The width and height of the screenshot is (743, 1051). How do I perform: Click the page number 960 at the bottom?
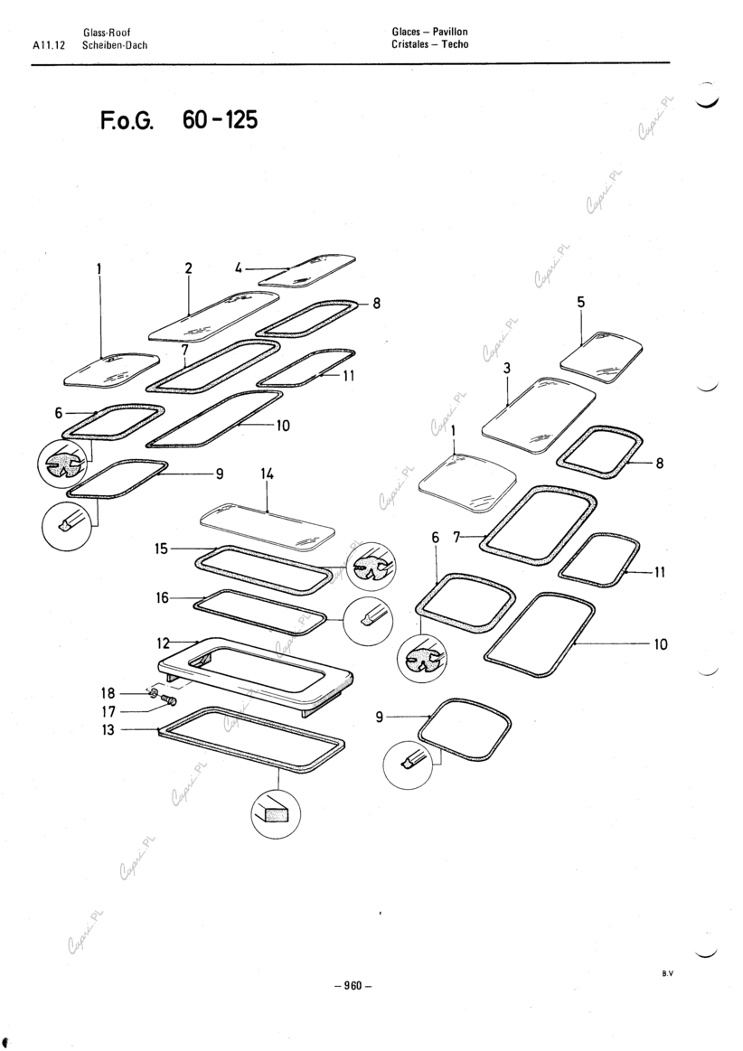pyautogui.click(x=353, y=986)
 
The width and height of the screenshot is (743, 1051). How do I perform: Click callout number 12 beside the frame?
pyautogui.click(x=164, y=643)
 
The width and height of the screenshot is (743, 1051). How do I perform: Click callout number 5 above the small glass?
pyautogui.click(x=581, y=303)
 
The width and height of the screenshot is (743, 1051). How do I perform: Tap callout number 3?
pyautogui.click(x=507, y=368)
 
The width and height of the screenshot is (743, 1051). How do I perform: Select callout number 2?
pyautogui.click(x=188, y=267)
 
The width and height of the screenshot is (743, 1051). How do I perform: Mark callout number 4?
pyautogui.click(x=237, y=267)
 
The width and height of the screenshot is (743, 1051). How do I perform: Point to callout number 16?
pyautogui.click(x=163, y=597)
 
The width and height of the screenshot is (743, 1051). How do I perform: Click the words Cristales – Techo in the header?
pyautogui.click(x=430, y=45)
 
